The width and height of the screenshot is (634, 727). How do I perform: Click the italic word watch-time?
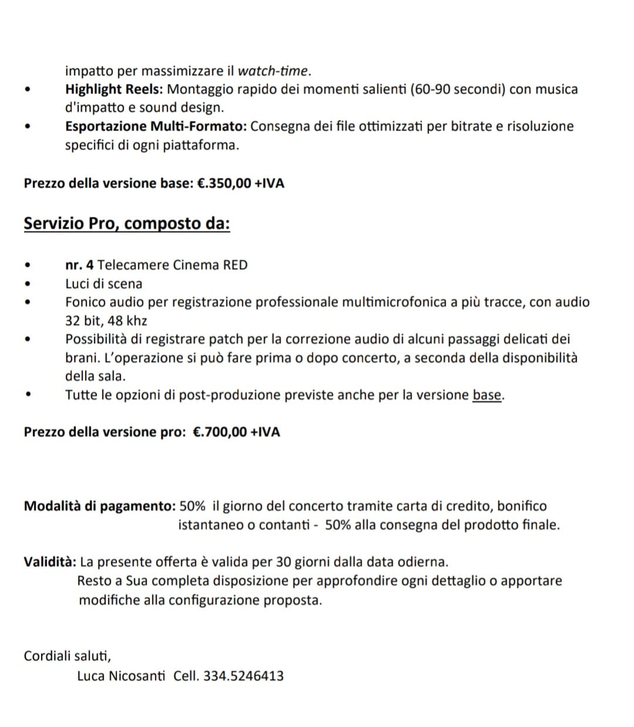[x=272, y=71]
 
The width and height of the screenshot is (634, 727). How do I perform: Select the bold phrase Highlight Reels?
[x=115, y=89]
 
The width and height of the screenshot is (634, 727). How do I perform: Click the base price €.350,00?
[x=224, y=183]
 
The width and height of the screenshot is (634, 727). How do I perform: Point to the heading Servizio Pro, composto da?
[x=127, y=224]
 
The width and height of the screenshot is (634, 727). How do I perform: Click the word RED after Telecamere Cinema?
[x=235, y=265]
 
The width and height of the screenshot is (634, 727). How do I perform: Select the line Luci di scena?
[x=104, y=284]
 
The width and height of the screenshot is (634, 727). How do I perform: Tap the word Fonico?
[x=84, y=302]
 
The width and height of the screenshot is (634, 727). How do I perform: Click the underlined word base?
[x=487, y=395]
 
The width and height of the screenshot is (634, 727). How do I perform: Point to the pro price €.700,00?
[x=220, y=433]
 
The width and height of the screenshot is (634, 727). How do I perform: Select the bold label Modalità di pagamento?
[x=99, y=506]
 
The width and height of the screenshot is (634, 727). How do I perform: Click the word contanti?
[x=284, y=525]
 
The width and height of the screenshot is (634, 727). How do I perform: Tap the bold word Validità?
[x=49, y=562]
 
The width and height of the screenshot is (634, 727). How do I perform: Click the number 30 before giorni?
[x=284, y=562]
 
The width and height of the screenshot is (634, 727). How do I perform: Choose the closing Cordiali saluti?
[x=68, y=656]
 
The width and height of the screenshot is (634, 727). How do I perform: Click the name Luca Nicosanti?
[x=121, y=676]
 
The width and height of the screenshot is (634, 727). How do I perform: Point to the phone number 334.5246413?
[x=243, y=676]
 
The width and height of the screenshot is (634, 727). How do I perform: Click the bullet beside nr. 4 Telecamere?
[x=28, y=266]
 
